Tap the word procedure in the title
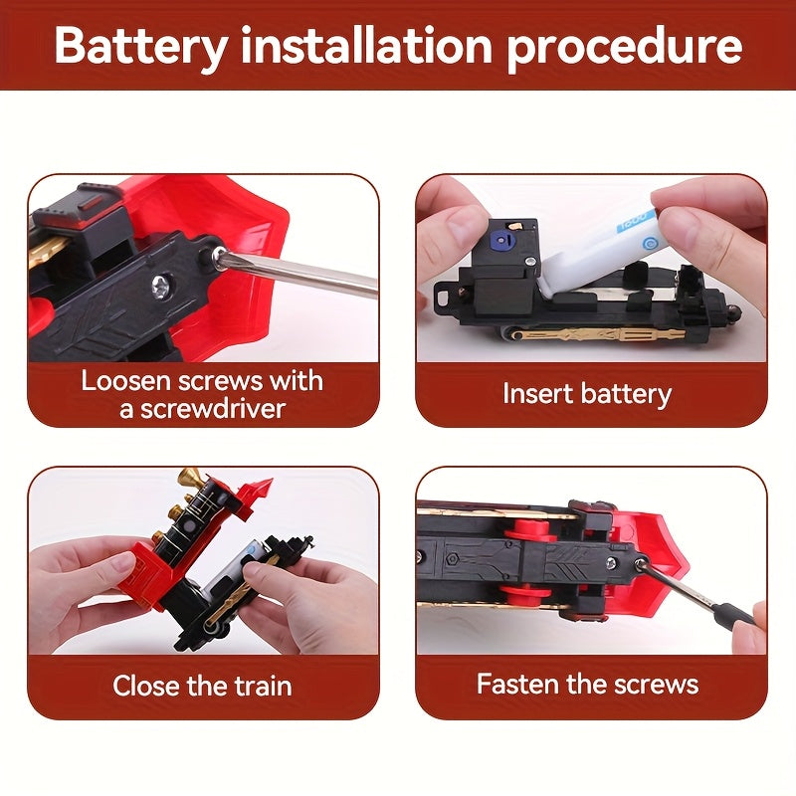(625, 48)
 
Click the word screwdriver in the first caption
(203, 409)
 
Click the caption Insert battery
(587, 394)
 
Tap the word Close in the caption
(144, 686)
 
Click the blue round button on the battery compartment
(501, 239)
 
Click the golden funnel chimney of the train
(189, 478)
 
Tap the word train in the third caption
(263, 686)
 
